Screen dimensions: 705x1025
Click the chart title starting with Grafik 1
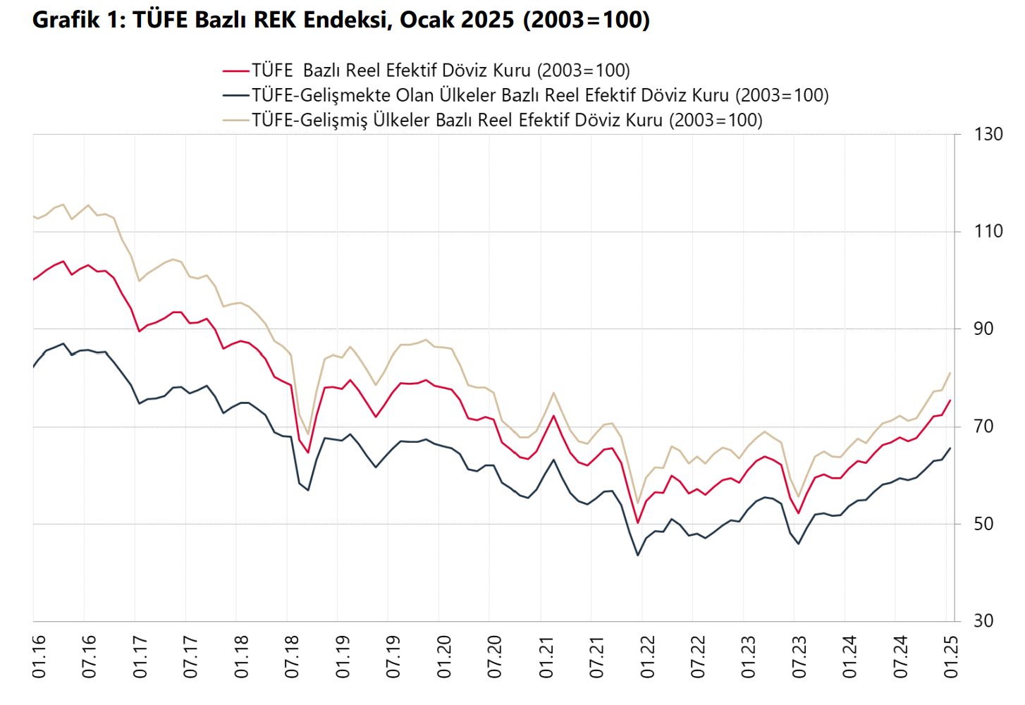coord(341,20)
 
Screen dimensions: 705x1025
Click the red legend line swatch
coord(236,70)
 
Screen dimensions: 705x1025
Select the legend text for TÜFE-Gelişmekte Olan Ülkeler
coord(540,95)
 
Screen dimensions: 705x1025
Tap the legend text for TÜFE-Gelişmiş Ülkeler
coord(507,120)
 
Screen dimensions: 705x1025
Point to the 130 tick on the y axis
coord(988,134)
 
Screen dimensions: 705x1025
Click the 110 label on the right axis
coord(988,231)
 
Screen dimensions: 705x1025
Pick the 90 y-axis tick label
coord(983,329)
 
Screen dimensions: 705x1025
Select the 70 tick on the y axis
coord(983,426)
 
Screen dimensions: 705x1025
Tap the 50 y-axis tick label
coord(983,524)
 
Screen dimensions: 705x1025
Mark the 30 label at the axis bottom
coord(983,621)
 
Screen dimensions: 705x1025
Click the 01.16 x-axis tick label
coord(39,656)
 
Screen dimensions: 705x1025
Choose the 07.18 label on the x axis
coord(292,656)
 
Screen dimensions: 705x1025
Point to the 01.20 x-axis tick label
coord(444,656)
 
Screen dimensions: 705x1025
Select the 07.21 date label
coord(596,656)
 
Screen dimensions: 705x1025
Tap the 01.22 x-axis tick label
coord(647,656)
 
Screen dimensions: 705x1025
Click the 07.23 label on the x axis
coord(799,656)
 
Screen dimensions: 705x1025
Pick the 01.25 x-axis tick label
coord(952,656)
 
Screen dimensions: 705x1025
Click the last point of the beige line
coord(950,372)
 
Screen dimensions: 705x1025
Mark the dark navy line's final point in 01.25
coord(950,448)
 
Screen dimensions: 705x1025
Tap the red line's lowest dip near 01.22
coord(638,523)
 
